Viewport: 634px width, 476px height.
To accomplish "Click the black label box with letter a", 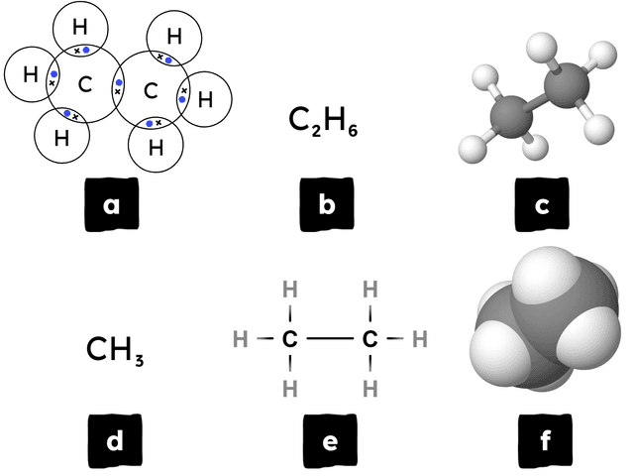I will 112,205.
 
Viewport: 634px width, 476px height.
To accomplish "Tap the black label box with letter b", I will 327,205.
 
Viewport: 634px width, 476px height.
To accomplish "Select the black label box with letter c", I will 541,205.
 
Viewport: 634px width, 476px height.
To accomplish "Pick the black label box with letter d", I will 112,440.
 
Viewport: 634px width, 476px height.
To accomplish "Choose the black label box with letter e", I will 327,440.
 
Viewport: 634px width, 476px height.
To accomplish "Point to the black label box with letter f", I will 541,440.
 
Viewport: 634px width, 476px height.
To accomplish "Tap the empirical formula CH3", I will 115,350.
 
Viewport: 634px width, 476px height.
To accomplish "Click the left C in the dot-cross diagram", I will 85,85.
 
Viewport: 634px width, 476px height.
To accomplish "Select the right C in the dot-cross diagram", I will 151,91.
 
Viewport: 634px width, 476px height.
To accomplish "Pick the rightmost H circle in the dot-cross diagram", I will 205,98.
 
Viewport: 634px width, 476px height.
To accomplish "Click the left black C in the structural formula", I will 289,339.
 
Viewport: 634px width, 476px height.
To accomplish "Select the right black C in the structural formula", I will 370,339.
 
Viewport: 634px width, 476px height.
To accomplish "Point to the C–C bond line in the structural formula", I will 329,339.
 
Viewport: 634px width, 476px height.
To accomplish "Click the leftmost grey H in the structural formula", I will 239,339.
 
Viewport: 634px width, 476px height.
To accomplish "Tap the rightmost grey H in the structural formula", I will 419,339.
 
